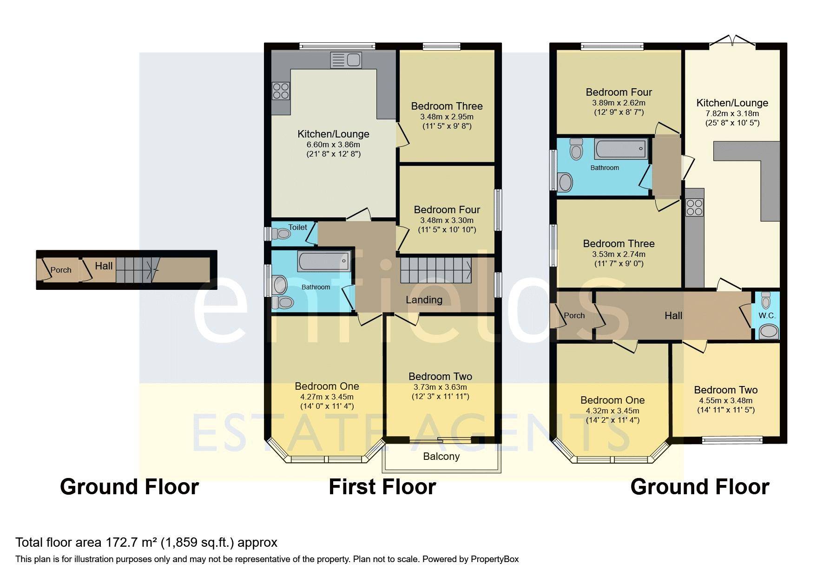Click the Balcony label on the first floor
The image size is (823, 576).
[x=441, y=457]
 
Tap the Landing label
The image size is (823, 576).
[x=424, y=300]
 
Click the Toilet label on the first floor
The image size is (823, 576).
[x=297, y=227]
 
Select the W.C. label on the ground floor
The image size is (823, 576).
[x=767, y=316]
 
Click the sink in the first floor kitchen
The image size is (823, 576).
[x=346, y=60]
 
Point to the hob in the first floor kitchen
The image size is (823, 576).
[x=281, y=91]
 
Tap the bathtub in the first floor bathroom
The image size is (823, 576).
[x=324, y=261]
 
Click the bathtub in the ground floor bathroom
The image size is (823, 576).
[x=621, y=149]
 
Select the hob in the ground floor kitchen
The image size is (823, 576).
[x=695, y=208]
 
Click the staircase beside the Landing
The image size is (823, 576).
[x=436, y=270]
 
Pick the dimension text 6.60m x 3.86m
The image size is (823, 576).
[x=333, y=144]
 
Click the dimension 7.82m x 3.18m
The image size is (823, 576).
[x=732, y=114]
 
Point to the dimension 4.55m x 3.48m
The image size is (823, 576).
[x=725, y=401]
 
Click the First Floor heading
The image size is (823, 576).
[x=382, y=487]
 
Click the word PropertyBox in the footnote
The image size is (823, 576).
[x=494, y=559]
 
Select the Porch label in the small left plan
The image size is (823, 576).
[x=61, y=270]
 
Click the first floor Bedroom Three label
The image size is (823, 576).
[x=447, y=106]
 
